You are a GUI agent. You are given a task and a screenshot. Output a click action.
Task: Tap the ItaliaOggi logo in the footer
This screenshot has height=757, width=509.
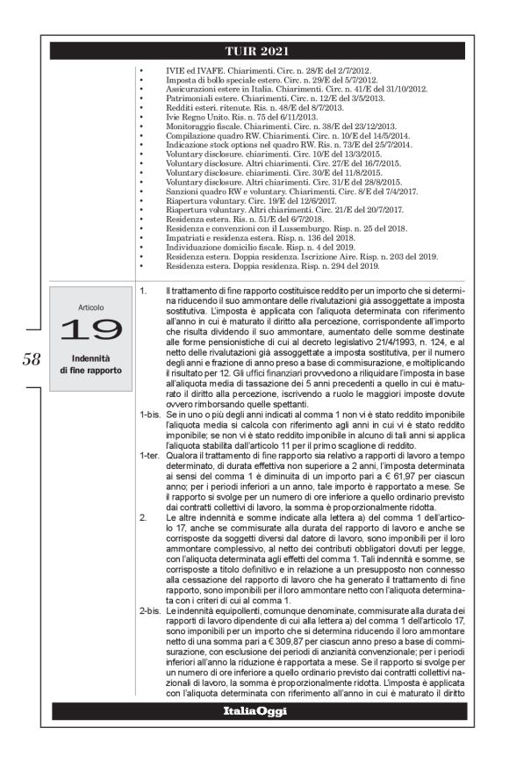click(254, 710)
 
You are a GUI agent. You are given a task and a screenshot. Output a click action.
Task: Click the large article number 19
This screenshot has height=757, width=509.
click(90, 328)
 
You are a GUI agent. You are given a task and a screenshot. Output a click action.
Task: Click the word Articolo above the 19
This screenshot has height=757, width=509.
click(90, 308)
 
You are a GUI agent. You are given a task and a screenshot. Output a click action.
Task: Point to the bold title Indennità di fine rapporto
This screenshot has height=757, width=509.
click(90, 364)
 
